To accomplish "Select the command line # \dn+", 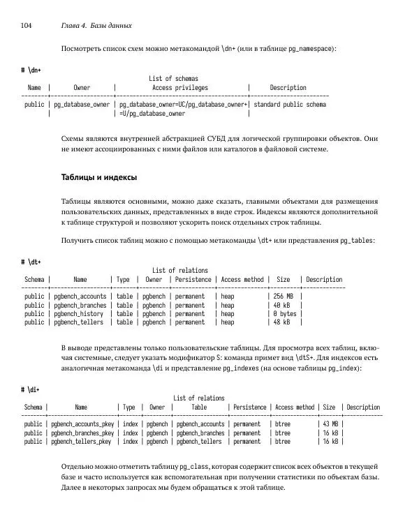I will (x=31, y=70).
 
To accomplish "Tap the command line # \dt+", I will (x=31, y=262).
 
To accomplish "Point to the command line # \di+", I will (x=31, y=389).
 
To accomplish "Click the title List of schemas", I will (x=174, y=79).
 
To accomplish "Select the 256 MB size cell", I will (x=283, y=297).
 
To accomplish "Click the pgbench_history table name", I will (x=78, y=314).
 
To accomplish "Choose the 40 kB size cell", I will (x=282, y=305).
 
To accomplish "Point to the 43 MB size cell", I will (x=330, y=424).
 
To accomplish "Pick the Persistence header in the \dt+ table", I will (x=193, y=280).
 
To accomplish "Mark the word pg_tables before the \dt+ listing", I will (x=357, y=241).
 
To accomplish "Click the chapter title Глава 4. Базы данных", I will (x=97, y=26).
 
